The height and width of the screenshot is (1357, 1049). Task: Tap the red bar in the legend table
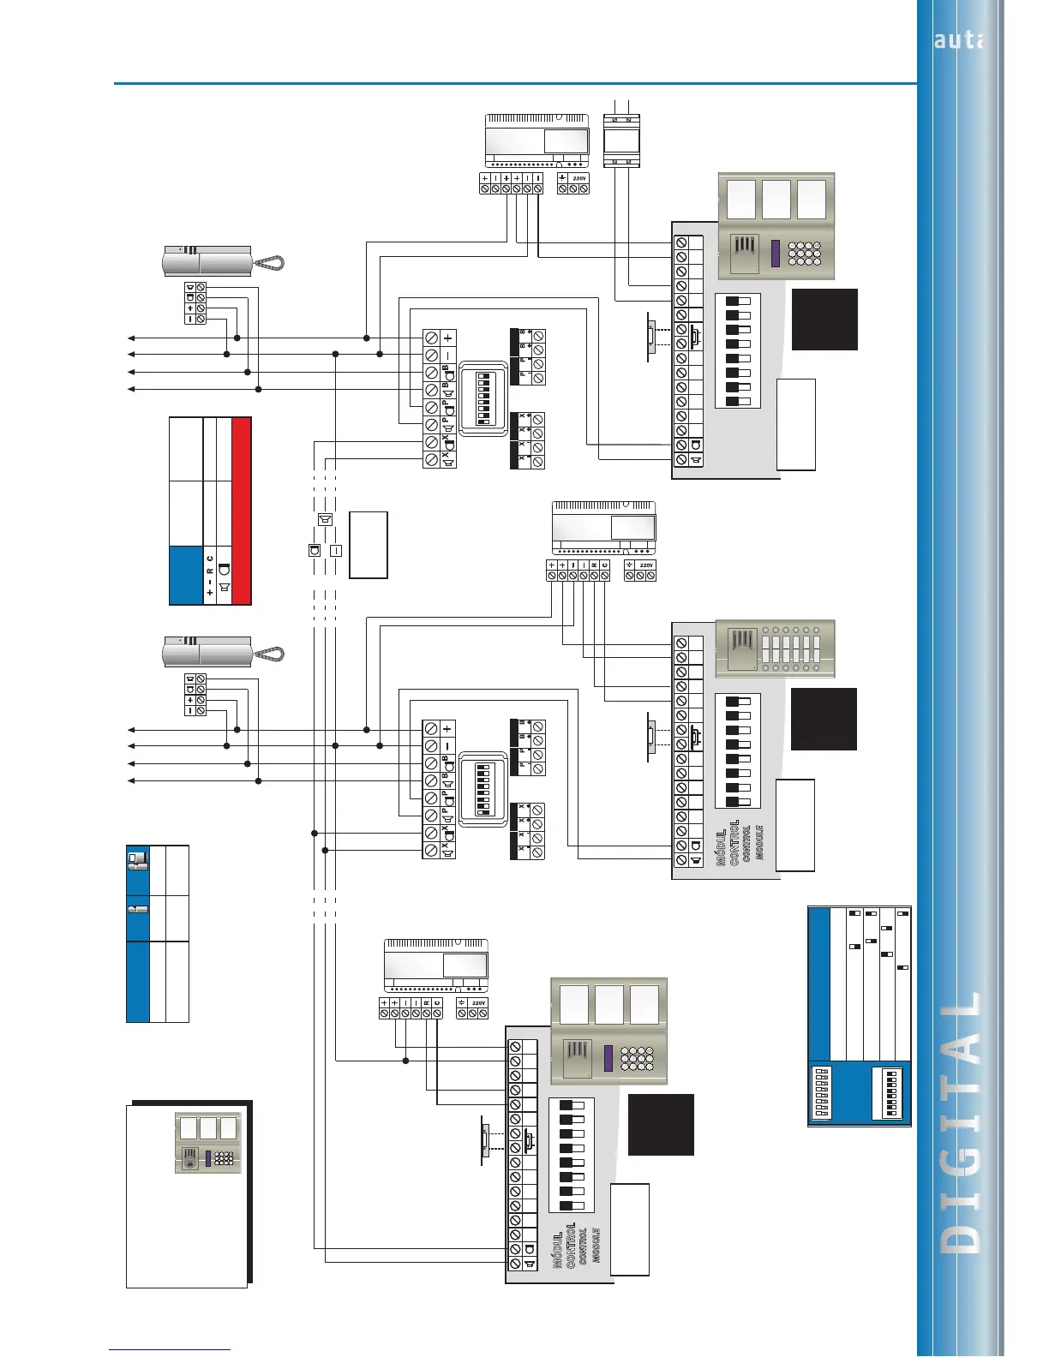click(242, 511)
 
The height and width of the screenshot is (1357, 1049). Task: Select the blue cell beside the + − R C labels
click(185, 575)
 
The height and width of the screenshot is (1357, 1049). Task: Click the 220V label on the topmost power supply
click(579, 178)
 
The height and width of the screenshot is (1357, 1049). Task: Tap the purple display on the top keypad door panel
click(776, 253)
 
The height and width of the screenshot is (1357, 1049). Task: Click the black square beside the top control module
click(824, 320)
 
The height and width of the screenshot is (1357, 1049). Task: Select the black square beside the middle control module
click(824, 719)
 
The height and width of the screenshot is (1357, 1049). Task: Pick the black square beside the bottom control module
click(661, 1125)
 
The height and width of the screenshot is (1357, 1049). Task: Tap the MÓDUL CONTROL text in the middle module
click(728, 843)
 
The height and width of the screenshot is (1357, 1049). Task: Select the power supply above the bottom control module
click(436, 965)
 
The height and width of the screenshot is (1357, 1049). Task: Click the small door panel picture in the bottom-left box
click(208, 1143)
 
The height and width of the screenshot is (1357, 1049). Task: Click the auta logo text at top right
click(958, 39)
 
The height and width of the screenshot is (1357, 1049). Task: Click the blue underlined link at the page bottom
click(170, 1350)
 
